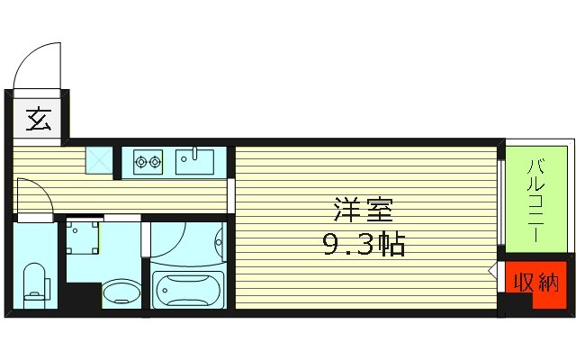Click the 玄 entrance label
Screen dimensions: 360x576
click(39, 120)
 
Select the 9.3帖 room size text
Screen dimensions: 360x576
click(364, 244)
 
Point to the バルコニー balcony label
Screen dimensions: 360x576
click(535, 201)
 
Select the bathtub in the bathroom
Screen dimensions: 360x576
click(187, 290)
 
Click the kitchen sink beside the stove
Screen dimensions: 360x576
click(194, 163)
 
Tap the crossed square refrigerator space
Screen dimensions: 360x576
click(98, 159)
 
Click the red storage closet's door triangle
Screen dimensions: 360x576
click(494, 271)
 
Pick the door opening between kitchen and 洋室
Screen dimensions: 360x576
click(231, 195)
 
